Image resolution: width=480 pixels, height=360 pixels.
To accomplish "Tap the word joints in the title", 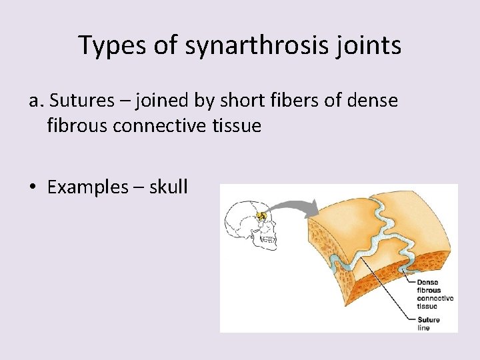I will (x=368, y=45).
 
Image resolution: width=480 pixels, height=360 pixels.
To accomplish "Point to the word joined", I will (x=157, y=101).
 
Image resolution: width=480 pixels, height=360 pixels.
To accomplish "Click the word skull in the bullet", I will (x=168, y=187).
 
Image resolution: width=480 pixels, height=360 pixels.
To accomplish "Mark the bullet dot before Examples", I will (x=33, y=188).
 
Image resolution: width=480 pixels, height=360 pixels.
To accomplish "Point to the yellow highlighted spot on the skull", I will (x=262, y=216).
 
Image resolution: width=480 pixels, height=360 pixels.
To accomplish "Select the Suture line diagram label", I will (x=429, y=323).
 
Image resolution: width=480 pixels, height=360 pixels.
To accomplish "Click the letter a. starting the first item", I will (x=36, y=101).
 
